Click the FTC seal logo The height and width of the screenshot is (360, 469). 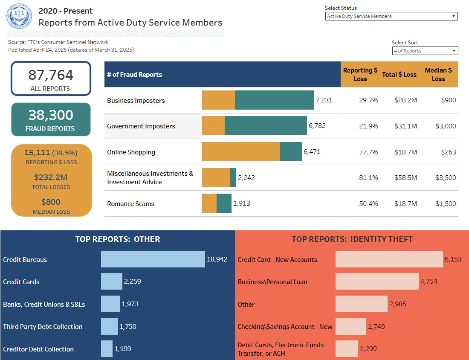tap(19, 17)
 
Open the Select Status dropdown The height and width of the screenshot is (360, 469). tap(391, 16)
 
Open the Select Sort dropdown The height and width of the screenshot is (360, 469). tap(425, 51)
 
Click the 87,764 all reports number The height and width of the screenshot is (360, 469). tap(51, 75)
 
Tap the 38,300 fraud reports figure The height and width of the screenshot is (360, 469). tap(51, 115)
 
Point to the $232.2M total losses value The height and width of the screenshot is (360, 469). tap(51, 177)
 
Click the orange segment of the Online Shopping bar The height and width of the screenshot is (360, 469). tap(240, 152)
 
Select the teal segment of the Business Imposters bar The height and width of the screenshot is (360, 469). tap(274, 100)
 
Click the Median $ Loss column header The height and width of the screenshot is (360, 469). tap(438, 74)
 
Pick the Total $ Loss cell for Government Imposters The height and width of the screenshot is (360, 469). tap(399, 126)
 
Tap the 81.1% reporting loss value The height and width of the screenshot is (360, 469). tap(368, 178)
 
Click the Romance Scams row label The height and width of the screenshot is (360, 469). tap(130, 204)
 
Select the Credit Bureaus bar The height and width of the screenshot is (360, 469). tap(153, 259)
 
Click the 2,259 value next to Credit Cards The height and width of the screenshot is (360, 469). tap(132, 282)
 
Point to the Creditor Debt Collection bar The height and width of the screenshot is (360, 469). tap(107, 349)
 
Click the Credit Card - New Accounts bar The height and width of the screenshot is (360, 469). tap(389, 259)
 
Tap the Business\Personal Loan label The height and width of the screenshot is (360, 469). tap(272, 282)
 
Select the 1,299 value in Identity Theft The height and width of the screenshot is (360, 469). tap(368, 349)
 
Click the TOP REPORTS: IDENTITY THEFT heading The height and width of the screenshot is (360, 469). tap(352, 239)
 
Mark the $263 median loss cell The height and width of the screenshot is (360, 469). tap(446, 152)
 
